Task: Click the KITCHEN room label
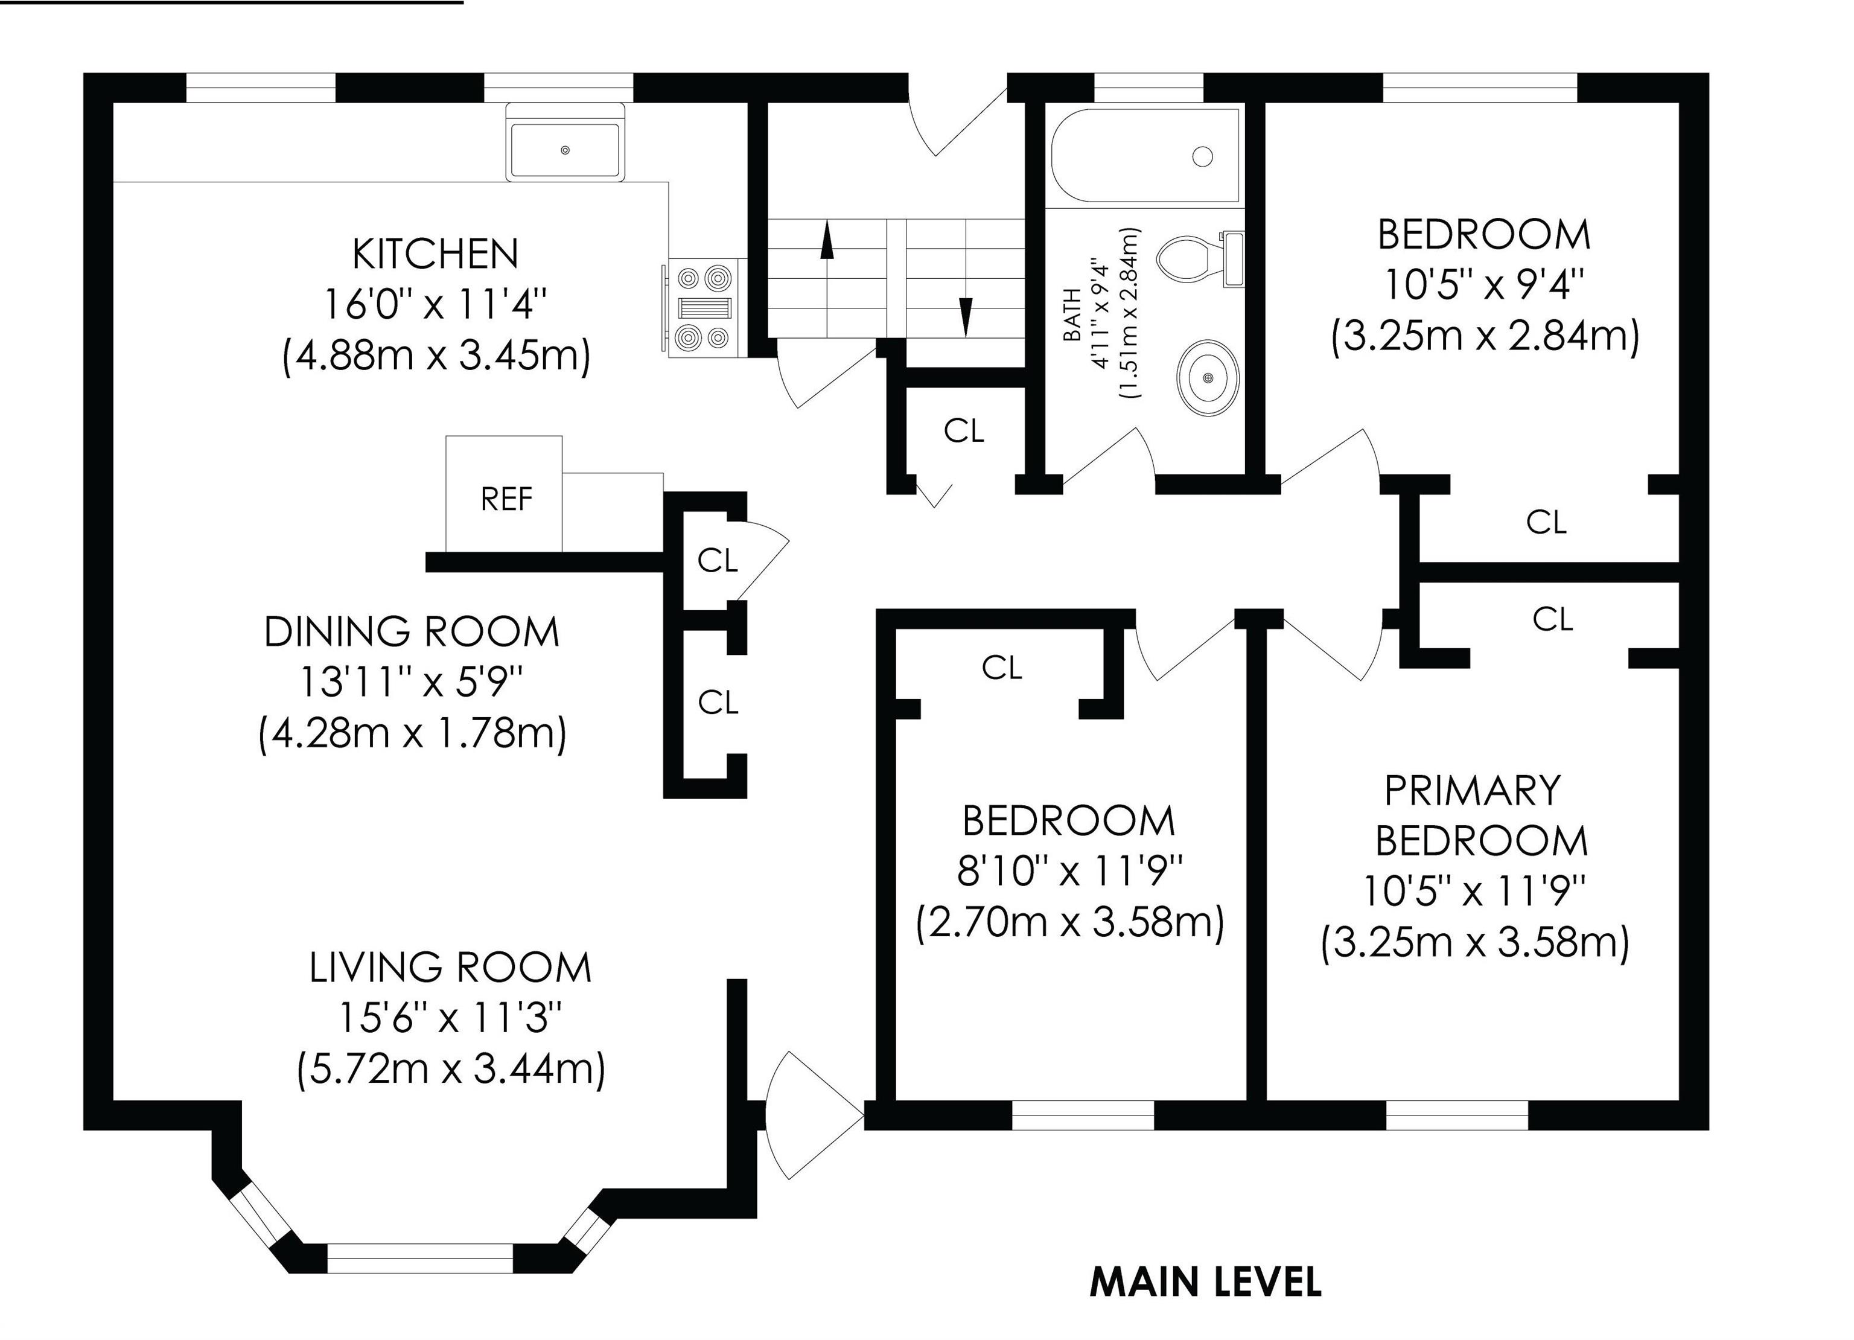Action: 436,254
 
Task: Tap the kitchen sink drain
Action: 565,150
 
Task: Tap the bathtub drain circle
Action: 1202,156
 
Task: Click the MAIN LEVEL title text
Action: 1206,1282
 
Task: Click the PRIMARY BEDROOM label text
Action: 1480,816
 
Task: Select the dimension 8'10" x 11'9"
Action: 1071,872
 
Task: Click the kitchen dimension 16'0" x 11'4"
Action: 435,305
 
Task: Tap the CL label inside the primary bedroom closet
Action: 1552,620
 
